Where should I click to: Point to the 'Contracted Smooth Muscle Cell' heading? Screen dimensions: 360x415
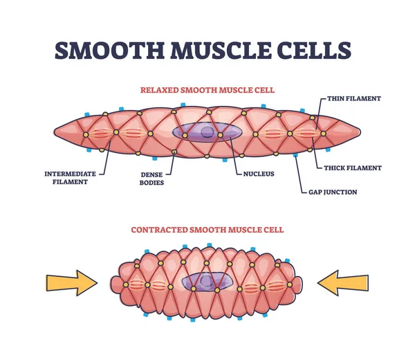(x=207, y=230)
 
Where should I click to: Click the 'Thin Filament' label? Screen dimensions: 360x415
(x=353, y=99)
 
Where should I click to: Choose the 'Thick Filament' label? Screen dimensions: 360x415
(x=353, y=168)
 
